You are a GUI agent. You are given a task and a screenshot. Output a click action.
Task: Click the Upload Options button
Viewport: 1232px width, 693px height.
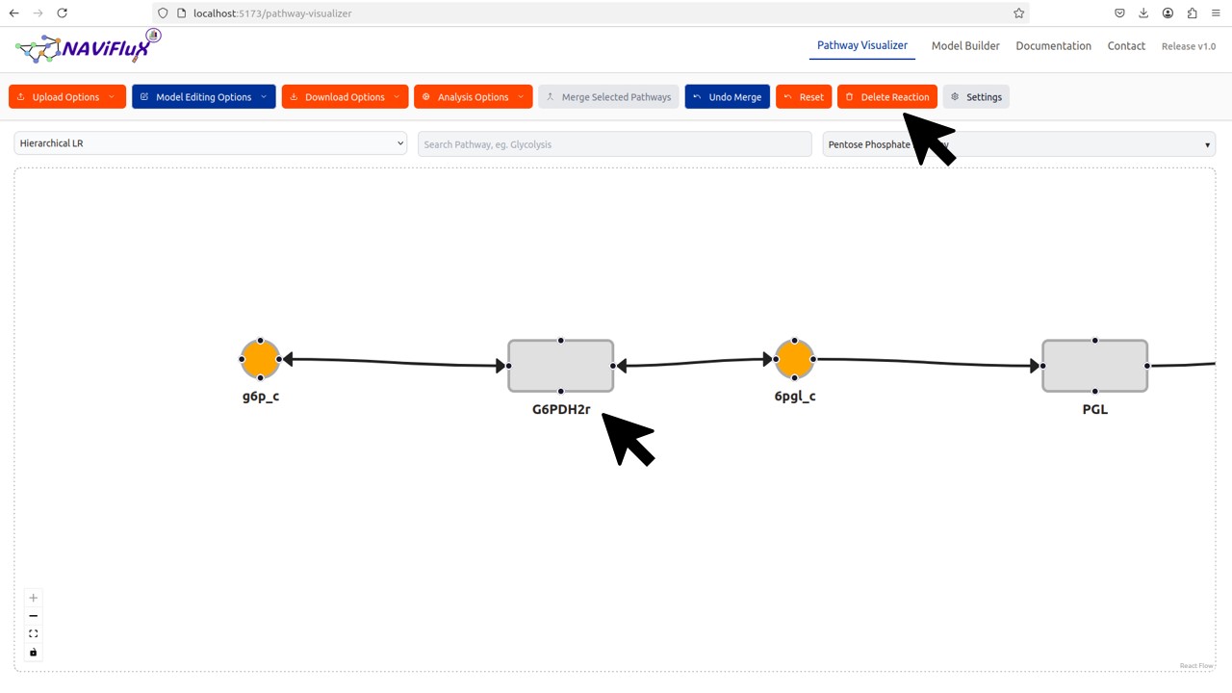point(66,97)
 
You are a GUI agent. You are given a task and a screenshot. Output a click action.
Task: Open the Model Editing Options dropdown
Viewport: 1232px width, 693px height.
point(203,97)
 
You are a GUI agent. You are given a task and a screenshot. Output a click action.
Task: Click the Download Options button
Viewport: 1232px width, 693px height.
point(345,97)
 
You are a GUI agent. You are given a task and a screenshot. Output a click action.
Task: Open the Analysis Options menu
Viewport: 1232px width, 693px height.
point(473,97)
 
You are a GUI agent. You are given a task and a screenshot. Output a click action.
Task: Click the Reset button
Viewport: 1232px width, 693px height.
point(804,97)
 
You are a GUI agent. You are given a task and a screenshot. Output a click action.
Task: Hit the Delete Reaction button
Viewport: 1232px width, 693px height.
point(886,97)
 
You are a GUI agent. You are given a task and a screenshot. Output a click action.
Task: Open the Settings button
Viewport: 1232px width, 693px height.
point(976,97)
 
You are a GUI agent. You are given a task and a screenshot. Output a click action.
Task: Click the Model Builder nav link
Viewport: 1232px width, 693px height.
point(965,46)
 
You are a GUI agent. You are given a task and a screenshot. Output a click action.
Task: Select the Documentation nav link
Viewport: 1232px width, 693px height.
point(1053,46)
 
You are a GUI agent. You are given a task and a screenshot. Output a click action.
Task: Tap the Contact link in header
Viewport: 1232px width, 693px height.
point(1126,46)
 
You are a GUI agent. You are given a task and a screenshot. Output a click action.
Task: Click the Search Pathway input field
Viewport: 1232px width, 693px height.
point(614,144)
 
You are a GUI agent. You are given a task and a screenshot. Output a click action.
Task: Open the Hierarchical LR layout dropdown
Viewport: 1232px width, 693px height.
point(211,143)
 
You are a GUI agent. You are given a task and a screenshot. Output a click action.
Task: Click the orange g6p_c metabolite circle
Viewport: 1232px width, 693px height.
point(260,359)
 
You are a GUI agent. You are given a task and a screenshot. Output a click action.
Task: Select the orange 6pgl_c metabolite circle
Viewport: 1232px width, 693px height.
point(794,359)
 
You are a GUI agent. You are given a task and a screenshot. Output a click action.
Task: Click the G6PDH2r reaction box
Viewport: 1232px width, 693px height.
point(560,366)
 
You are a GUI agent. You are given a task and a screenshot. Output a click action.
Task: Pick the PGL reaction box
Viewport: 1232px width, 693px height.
point(1094,366)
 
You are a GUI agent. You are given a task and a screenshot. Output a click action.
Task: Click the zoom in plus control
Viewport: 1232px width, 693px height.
point(34,598)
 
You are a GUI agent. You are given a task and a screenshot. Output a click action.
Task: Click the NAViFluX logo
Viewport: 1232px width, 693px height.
point(87,46)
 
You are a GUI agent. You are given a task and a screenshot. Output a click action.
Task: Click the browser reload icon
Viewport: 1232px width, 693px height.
point(62,13)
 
